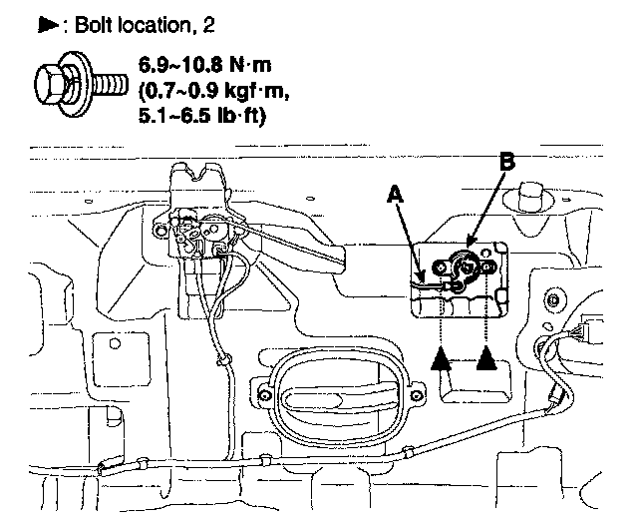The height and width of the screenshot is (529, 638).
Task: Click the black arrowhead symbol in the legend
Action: point(47,21)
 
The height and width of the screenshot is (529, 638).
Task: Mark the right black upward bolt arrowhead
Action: point(485,359)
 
